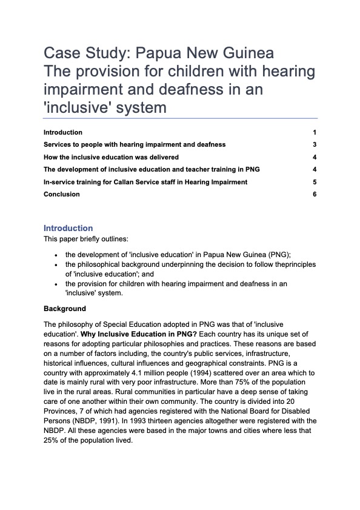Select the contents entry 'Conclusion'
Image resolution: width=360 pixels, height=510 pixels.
click(61, 195)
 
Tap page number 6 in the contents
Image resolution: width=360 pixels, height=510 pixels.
click(315, 195)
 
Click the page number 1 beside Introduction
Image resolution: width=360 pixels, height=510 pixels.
click(315, 132)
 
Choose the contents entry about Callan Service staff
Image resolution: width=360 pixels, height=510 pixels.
click(145, 182)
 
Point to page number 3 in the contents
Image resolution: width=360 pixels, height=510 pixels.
click(315, 145)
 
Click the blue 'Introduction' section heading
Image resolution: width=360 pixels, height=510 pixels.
click(68, 229)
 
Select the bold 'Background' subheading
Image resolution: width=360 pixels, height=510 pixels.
click(65, 309)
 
